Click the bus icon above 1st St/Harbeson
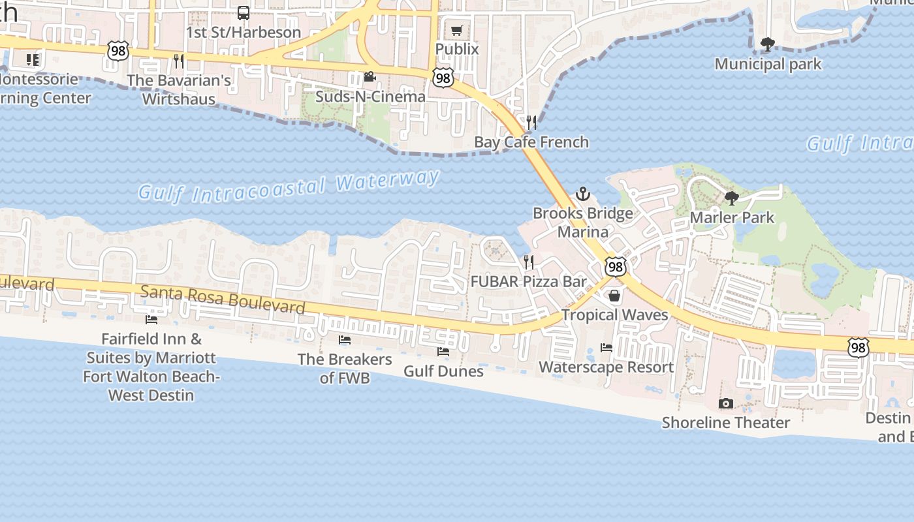click(x=244, y=13)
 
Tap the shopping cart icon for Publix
click(x=457, y=31)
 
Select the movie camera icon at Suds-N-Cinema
click(x=370, y=77)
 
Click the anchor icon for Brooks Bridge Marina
click(x=582, y=194)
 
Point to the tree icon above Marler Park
click(x=732, y=198)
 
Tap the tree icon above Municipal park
click(x=768, y=44)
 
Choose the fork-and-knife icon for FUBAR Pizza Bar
click(x=529, y=262)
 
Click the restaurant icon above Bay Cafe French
click(x=531, y=122)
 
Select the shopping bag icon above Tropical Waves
click(x=614, y=296)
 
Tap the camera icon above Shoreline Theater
click(x=726, y=404)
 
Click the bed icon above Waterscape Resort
click(x=607, y=348)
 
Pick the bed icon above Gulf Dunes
click(x=443, y=352)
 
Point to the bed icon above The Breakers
click(x=344, y=340)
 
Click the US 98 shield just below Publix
click(x=443, y=78)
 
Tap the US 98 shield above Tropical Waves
click(x=615, y=266)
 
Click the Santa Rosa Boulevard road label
click(x=223, y=299)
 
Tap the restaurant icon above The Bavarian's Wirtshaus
click(x=179, y=61)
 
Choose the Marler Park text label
click(x=732, y=217)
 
